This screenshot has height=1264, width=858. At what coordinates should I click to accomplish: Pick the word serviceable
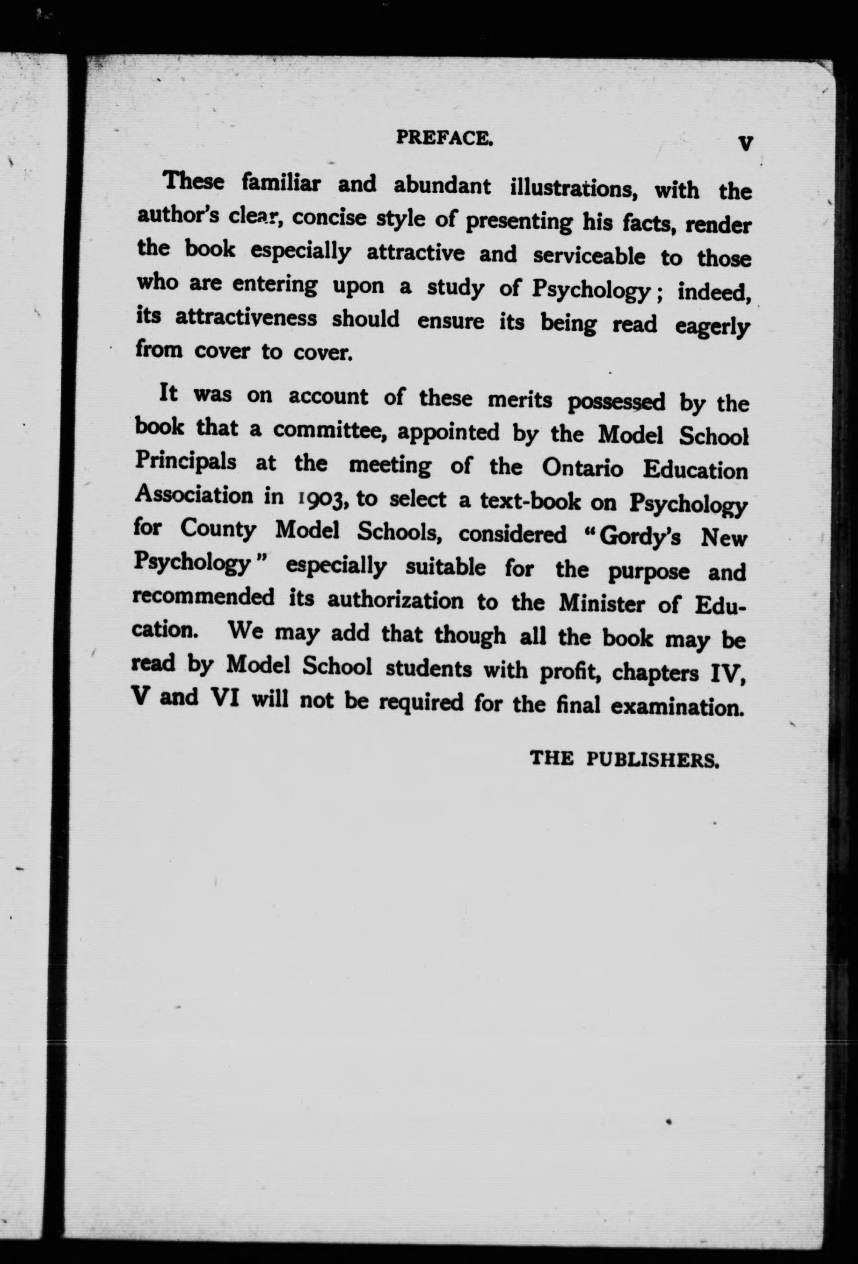[589, 255]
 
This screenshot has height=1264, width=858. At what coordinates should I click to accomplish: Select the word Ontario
[583, 468]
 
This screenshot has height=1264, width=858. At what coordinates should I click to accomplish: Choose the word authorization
[395, 601]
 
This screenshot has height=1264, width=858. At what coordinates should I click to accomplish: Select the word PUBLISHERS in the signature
[653, 759]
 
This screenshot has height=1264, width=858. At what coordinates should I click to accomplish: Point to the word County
[218, 529]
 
